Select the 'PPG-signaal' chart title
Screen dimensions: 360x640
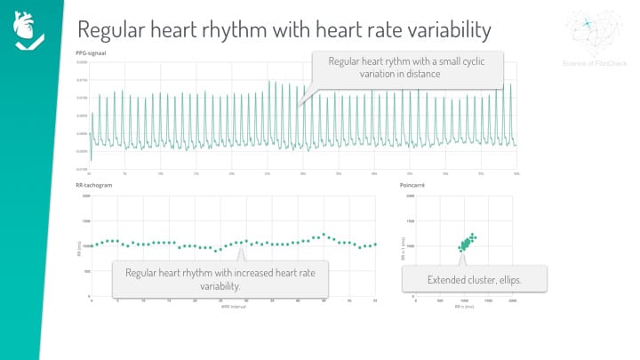[93, 53]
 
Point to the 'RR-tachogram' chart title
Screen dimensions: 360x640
[95, 186]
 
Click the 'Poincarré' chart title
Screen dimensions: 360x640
[419, 186]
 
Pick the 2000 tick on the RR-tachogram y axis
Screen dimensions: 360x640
[86, 196]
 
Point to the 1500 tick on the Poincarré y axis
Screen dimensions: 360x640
[410, 220]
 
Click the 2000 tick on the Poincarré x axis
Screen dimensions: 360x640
[513, 301]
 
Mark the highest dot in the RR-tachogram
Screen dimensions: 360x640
[324, 235]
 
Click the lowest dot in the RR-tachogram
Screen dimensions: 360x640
[216, 251]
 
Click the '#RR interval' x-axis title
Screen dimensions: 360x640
[233, 307]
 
